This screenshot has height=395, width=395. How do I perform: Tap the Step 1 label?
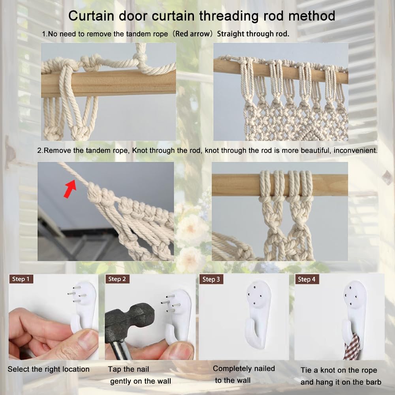point(21,279)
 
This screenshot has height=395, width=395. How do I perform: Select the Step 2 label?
point(117,279)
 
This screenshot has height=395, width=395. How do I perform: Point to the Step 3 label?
point(211,280)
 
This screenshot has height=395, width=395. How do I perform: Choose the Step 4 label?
point(307,279)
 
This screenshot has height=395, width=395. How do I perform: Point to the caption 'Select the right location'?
point(49,369)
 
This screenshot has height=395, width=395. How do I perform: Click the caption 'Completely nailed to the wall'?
point(243,374)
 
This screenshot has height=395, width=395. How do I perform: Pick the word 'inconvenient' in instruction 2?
point(356,150)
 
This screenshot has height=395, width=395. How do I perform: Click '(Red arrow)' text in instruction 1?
point(194,34)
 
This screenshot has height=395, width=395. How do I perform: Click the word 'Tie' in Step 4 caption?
point(307,370)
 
